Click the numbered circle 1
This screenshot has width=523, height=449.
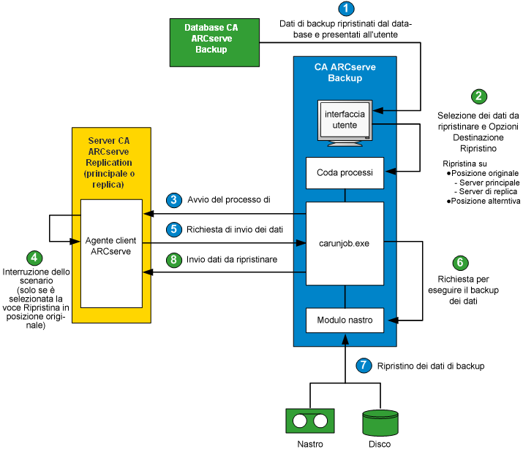coord(346,9)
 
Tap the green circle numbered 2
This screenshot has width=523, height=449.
coord(478,96)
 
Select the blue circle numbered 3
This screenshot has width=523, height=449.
coord(173,199)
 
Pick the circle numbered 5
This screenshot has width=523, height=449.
coord(173,228)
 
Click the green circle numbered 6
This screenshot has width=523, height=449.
coord(459,262)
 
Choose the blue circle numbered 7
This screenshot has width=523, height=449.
coord(363,364)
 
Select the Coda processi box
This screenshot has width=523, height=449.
coord(345,173)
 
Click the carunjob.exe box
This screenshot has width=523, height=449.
coord(345,243)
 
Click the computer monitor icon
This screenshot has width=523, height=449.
coord(345,120)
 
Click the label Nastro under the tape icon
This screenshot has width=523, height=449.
coord(309,442)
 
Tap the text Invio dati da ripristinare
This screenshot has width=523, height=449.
coord(232,258)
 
